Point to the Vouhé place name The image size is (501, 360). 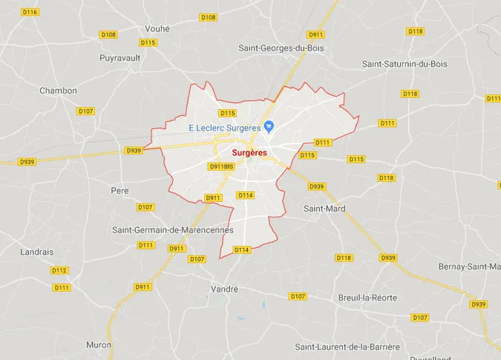click(157, 28)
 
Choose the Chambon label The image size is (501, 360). click(58, 91)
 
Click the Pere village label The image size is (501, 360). click(119, 191)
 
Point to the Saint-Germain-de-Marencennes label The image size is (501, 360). click(173, 230)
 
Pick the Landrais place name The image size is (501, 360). click(36, 252)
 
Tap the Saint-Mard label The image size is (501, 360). click(324, 209)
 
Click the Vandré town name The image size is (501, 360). click(223, 289)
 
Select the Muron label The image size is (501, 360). click(99, 345)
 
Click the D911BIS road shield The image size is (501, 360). click(221, 167)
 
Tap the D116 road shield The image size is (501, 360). click(30, 13)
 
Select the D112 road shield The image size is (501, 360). click(60, 270)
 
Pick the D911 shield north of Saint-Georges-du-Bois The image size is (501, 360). click(316, 35)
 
